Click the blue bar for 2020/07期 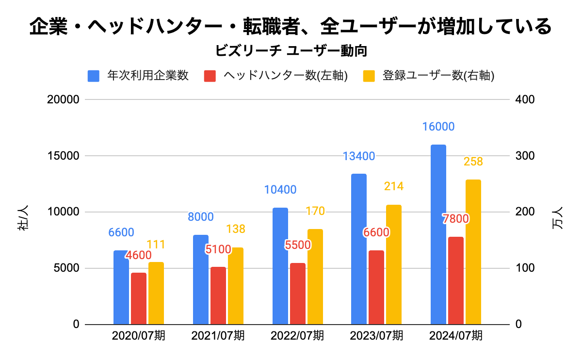tap(121, 287)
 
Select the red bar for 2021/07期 tap(218, 295)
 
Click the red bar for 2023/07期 tap(376, 287)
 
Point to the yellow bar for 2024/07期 tap(473, 252)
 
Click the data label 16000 tap(438, 127)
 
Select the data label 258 tap(473, 162)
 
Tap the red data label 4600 tap(139, 255)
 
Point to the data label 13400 tap(359, 156)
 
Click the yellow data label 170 tap(315, 212)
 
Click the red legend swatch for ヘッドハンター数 tap(210, 76)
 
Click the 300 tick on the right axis tap(526, 156)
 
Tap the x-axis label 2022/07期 tap(297, 336)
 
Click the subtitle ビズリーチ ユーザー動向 tap(291, 51)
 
